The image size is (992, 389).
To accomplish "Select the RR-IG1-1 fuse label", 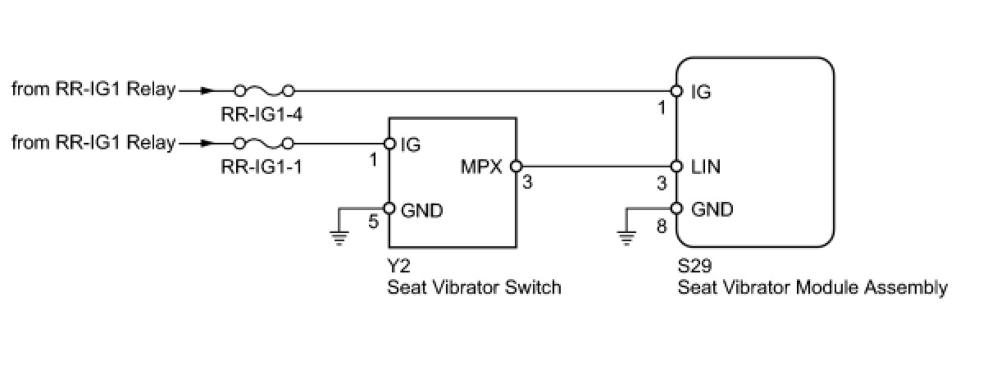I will [262, 167].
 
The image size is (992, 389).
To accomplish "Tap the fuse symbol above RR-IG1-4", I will [263, 89].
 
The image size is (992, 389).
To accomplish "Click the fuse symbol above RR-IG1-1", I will [263, 143].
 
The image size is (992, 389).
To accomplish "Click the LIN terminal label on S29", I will [707, 167].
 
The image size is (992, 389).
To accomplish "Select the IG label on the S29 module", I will [701, 93].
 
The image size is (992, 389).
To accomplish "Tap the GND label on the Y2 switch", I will [421, 211].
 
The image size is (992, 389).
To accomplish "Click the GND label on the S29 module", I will [712, 209].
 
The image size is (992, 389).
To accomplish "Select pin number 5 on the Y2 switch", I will [374, 222].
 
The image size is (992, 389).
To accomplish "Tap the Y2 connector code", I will [398, 268].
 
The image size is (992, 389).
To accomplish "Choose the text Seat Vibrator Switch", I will [474, 287].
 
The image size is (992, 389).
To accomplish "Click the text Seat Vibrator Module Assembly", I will [812, 287].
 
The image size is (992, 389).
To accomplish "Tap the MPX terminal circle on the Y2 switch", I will [516, 167].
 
